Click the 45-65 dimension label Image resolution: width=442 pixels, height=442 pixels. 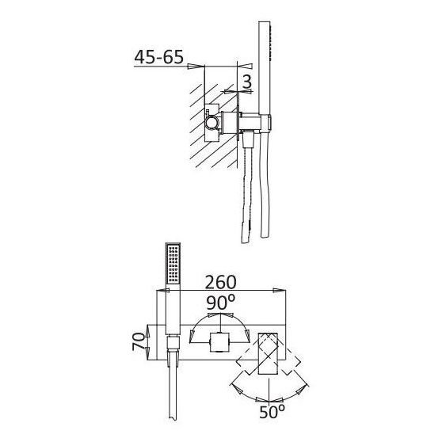pos(158,57)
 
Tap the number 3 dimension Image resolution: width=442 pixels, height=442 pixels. pos(247,82)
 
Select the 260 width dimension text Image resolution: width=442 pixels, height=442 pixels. pos(220,282)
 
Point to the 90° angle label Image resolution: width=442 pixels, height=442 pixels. pos(220,302)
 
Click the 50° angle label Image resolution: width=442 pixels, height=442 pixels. pos(272,412)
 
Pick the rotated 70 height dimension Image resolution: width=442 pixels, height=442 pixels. pos(139,341)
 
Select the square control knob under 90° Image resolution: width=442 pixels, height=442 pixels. pos(219,342)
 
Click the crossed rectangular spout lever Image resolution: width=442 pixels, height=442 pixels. pos(268,354)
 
